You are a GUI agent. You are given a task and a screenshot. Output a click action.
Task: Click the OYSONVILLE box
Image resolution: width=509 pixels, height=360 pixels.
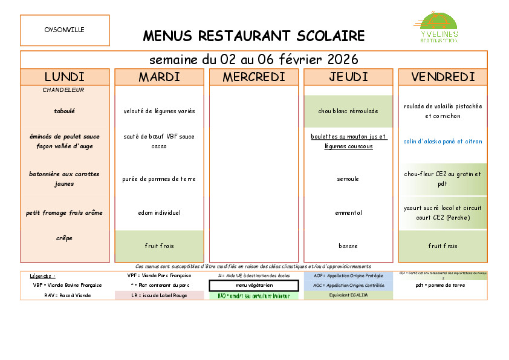pos(65,30)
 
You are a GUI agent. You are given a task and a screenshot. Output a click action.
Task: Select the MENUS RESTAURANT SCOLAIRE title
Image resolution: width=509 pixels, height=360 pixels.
pos(254,36)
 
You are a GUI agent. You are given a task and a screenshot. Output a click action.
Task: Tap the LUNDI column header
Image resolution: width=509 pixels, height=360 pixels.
pos(65,77)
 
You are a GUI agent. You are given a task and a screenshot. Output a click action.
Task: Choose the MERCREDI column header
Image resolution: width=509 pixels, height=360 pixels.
pos(254,77)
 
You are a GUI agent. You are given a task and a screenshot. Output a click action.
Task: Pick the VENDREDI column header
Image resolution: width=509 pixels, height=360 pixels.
pos(443,77)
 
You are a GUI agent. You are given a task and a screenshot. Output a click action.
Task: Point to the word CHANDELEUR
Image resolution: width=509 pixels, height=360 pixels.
pos(63,90)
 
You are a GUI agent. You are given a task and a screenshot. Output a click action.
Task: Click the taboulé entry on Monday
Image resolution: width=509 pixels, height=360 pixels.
pos(65,111)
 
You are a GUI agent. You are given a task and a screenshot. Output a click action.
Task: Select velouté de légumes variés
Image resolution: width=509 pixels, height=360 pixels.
pos(159,111)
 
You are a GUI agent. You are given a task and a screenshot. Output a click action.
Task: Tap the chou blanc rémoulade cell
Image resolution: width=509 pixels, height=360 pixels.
pos(348,111)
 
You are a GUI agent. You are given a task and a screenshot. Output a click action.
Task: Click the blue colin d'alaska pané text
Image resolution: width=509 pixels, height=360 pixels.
pos(443,142)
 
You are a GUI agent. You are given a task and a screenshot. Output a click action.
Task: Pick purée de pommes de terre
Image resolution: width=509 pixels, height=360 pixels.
pos(159,179)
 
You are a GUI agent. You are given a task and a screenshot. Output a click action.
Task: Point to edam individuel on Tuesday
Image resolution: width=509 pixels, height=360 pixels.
pos(159,212)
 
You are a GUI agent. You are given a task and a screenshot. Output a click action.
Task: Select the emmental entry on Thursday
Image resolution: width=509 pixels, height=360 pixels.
pos(348,212)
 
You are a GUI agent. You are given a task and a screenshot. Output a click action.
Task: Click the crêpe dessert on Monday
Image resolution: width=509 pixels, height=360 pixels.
pos(65,238)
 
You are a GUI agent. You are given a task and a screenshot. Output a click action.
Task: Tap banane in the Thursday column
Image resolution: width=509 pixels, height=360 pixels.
pos(348,246)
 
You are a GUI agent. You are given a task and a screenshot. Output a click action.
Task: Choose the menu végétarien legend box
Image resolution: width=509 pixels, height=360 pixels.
pos(254,285)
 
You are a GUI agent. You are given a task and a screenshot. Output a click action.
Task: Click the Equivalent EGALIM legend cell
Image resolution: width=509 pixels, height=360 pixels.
pos(348,295)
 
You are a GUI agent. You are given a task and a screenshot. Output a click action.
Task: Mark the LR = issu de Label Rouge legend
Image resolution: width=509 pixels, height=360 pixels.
pos(159,295)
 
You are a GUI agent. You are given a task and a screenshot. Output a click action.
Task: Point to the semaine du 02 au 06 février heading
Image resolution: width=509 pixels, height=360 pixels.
pos(254,60)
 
